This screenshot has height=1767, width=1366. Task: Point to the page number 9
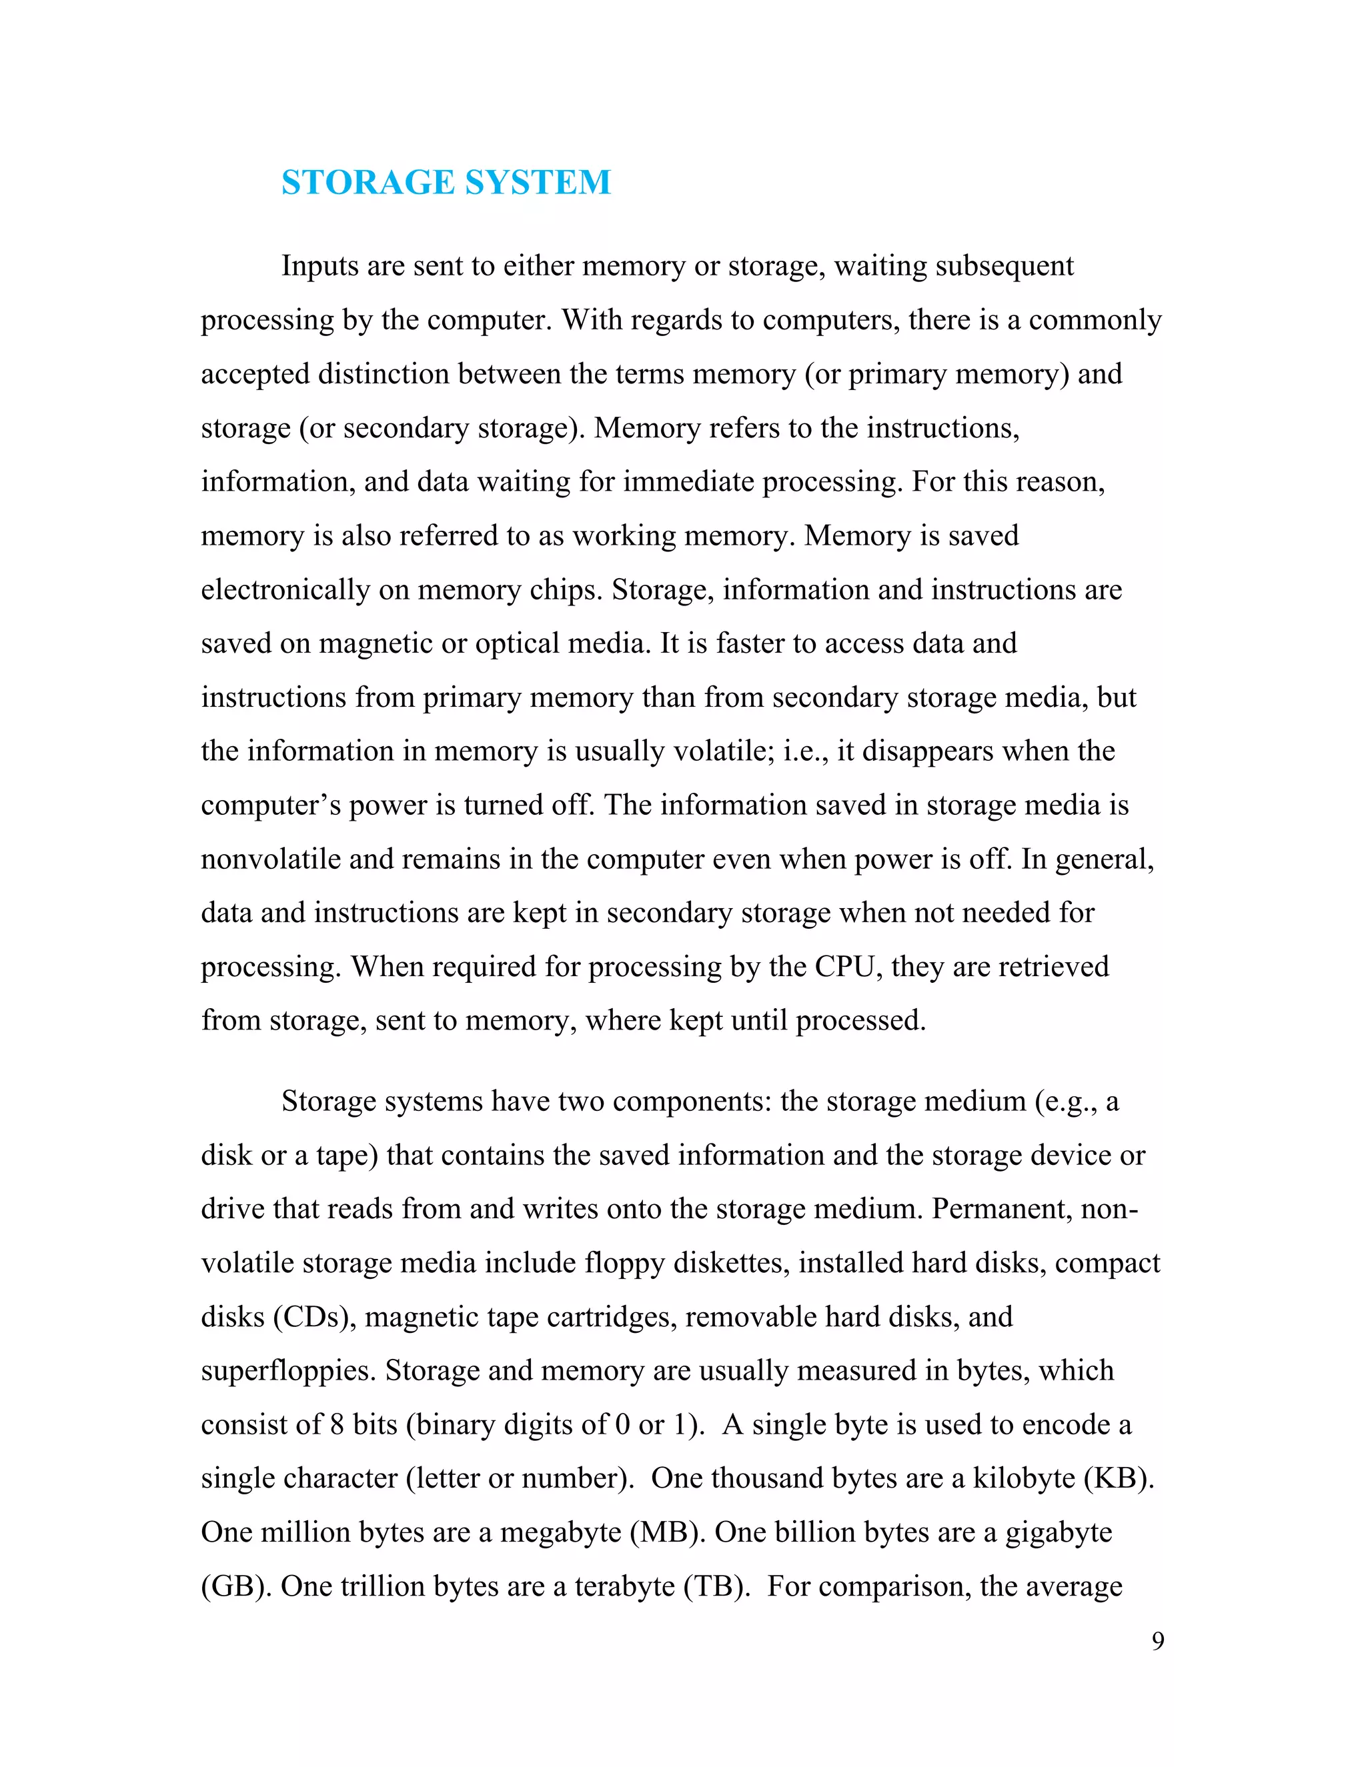1158,1641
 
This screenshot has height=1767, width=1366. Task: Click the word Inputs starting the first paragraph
319,266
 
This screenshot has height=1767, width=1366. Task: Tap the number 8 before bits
337,1425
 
